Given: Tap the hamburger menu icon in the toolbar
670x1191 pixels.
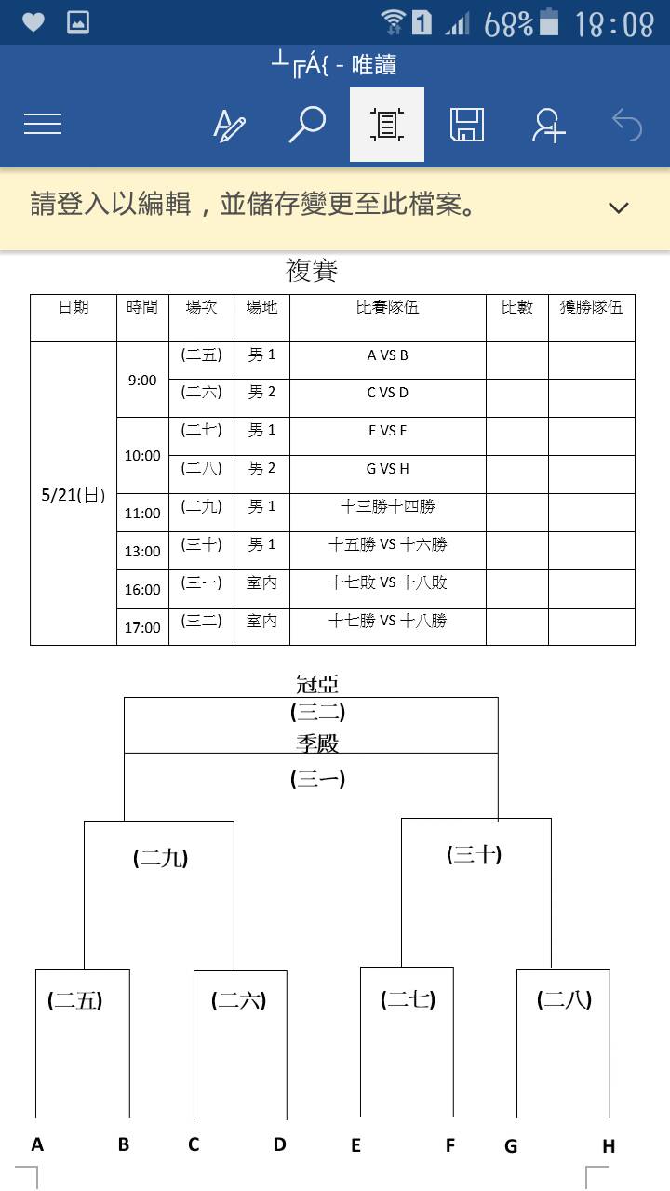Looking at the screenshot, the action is (x=43, y=124).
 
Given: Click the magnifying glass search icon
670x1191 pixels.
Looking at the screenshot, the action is (x=307, y=125).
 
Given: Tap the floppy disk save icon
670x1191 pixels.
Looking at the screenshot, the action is (x=467, y=125).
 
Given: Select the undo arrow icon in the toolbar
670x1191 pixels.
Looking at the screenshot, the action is (x=627, y=125).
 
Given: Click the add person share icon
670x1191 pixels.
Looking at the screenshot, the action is (x=548, y=125).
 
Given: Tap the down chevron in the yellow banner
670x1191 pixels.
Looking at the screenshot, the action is (x=619, y=207).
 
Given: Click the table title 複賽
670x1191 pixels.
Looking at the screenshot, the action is (x=312, y=270).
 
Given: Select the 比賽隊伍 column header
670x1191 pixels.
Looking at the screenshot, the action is (x=388, y=307).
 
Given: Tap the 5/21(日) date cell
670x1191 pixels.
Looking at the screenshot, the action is (x=74, y=495).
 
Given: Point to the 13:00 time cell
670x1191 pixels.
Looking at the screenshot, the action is (x=142, y=552).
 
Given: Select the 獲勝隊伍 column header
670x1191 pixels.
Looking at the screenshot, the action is (x=591, y=307).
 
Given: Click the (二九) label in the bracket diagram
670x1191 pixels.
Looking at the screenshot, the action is (x=161, y=858).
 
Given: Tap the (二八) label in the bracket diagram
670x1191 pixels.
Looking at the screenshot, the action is (x=564, y=999).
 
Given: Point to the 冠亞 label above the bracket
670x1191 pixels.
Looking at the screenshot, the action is (x=317, y=684).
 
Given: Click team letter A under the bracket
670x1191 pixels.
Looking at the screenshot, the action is (x=37, y=1144).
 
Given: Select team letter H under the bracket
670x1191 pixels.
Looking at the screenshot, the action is (x=609, y=1146).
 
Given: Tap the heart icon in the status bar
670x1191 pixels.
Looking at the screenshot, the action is (x=33, y=22).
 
